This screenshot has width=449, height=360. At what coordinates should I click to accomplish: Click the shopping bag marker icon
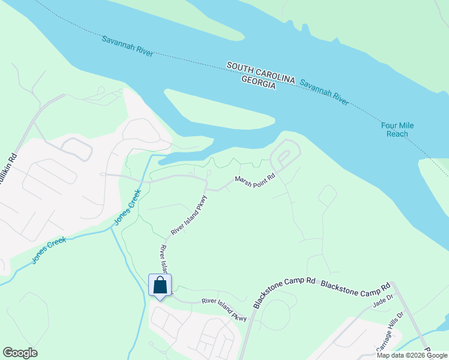coord(160,285)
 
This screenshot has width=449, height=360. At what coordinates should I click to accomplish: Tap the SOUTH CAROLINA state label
coord(261,70)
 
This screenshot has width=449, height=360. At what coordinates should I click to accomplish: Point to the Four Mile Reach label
coord(397,130)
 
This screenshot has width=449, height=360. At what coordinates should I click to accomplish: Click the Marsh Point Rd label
coord(254,179)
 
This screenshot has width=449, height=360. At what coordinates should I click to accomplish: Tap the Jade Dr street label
coord(382,302)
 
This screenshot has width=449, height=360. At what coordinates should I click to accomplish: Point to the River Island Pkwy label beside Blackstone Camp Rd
coord(224,309)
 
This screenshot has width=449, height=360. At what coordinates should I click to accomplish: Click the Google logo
coord(20,353)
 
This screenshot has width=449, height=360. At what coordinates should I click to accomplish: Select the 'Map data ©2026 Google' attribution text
coord(412,355)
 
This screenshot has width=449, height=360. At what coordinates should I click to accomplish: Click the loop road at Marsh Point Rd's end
coord(285,155)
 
